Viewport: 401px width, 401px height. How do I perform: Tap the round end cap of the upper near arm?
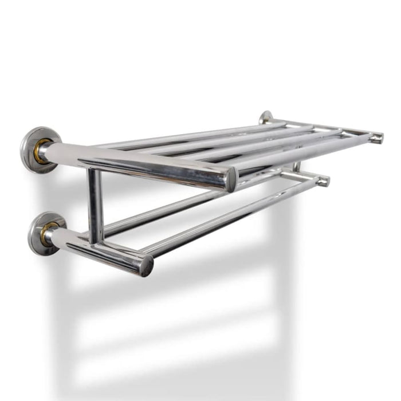tap(230, 179)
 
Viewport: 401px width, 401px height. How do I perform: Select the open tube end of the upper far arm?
tap(376, 137)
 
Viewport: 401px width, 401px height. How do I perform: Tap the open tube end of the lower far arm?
tap(323, 181)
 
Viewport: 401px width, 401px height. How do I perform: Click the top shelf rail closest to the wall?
tap(189, 135)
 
